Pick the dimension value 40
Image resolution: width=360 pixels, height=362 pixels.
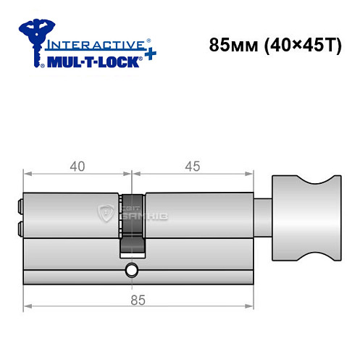78,166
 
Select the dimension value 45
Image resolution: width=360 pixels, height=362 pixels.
192,166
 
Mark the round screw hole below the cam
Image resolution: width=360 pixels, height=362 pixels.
131,271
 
